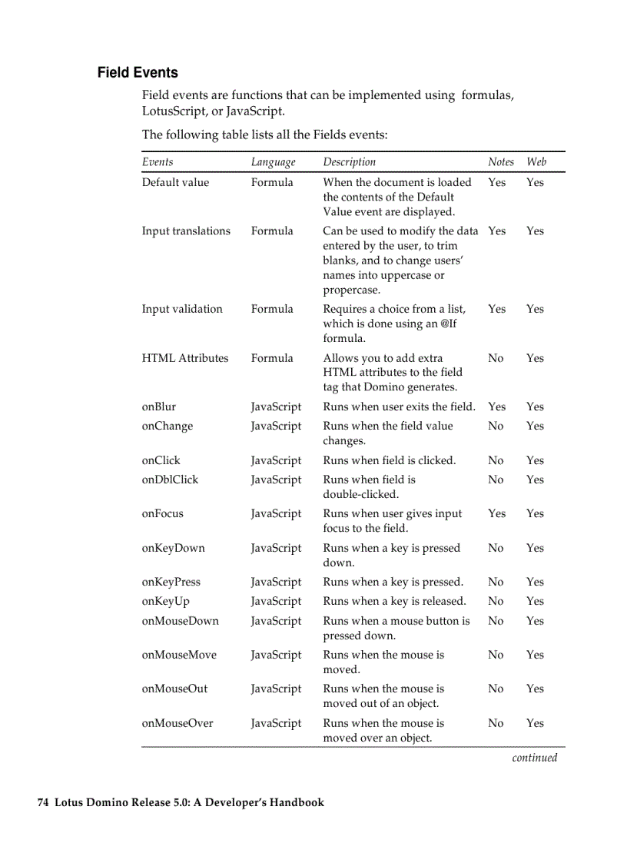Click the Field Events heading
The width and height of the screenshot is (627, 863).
pyautogui.click(x=138, y=73)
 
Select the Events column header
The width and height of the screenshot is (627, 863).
pyautogui.click(x=158, y=162)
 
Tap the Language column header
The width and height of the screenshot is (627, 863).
pyautogui.click(x=273, y=162)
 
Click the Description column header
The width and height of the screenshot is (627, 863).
pyautogui.click(x=349, y=162)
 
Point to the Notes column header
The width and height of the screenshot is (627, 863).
pyautogui.click(x=500, y=162)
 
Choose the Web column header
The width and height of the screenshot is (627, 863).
pyautogui.click(x=536, y=162)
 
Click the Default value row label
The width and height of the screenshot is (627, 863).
pyautogui.click(x=175, y=183)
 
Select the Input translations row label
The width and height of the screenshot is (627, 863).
pyautogui.click(x=186, y=231)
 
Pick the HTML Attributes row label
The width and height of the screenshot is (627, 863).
pyautogui.click(x=185, y=358)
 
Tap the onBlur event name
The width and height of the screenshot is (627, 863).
pyautogui.click(x=159, y=407)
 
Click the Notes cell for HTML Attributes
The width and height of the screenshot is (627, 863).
pyautogui.click(x=496, y=358)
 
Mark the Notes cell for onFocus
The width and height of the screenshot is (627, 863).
pyautogui.click(x=496, y=514)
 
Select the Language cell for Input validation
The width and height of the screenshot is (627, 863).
pyautogui.click(x=272, y=310)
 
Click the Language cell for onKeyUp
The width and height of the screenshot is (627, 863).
pyautogui.click(x=276, y=602)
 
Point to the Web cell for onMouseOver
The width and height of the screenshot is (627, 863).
pyautogui.click(x=535, y=723)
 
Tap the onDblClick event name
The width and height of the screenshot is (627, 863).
pyautogui.click(x=170, y=480)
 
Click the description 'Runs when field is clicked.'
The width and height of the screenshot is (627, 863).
pyautogui.click(x=389, y=461)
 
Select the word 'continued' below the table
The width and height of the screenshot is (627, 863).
pyautogui.click(x=534, y=758)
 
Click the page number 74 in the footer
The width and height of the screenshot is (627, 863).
pyautogui.click(x=44, y=803)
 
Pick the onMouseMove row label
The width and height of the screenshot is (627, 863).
pyautogui.click(x=179, y=656)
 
